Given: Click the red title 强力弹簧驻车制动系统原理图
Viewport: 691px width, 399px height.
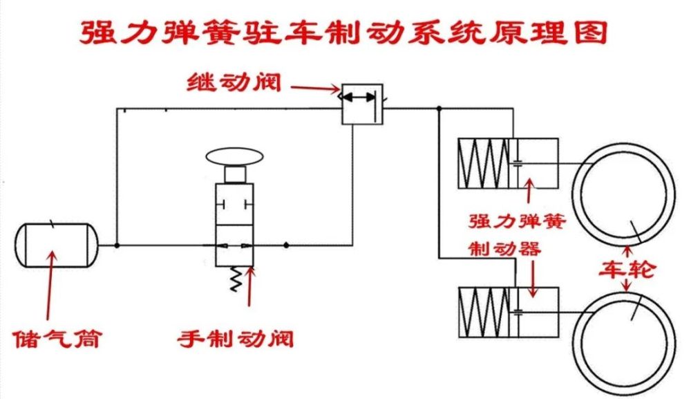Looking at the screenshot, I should (x=343, y=31).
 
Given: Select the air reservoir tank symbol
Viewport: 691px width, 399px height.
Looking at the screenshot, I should (x=56, y=245).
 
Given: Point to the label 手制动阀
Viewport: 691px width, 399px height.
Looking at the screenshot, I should (x=235, y=340).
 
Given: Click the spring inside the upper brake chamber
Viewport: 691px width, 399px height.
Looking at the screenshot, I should (x=482, y=163).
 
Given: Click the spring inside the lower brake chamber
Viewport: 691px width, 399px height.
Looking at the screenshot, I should (x=482, y=311).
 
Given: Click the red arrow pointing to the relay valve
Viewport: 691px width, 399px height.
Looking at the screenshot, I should (x=315, y=88).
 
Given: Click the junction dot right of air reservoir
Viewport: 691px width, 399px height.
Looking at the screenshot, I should (x=117, y=245).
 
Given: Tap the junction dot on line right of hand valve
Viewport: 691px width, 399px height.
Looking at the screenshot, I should (x=286, y=245).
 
